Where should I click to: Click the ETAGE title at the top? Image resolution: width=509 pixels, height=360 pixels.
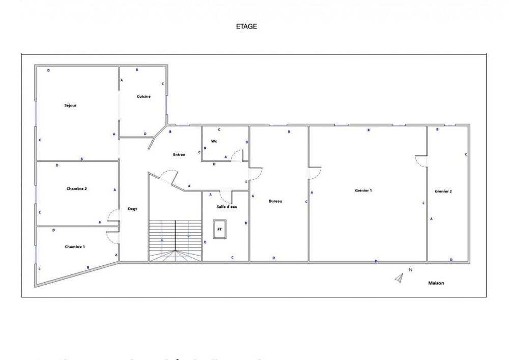tap(246, 26)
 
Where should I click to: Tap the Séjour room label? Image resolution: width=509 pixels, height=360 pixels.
tap(70, 105)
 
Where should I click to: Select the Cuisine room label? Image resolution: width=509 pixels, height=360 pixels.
tap(144, 96)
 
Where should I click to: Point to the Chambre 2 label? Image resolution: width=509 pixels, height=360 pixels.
tap(76, 188)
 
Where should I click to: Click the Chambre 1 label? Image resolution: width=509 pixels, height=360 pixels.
tap(75, 246)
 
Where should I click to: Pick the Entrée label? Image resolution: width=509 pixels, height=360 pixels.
tap(179, 154)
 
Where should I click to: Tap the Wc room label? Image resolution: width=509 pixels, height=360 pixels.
tap(214, 141)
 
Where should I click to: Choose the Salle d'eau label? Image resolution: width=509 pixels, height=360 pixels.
tap(227, 207)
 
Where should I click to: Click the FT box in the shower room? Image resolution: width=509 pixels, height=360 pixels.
tap(220, 230)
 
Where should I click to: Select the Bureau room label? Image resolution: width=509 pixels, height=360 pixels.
tap(275, 201)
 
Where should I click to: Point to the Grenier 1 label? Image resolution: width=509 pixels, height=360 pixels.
tap(363, 190)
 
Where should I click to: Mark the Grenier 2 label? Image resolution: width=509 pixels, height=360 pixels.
tap(443, 191)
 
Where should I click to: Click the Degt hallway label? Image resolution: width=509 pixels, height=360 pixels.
tap(133, 209)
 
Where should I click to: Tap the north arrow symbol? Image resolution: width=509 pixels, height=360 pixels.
tap(400, 278)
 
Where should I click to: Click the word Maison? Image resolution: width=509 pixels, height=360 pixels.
tap(436, 283)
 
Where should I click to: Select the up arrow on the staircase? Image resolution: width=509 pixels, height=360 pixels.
tap(162, 239)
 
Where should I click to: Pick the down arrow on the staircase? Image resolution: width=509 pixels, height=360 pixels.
tap(188, 236)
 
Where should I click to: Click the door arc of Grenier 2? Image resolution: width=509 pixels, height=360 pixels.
tap(421, 161)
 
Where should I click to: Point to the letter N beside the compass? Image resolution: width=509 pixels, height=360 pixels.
tap(410, 270)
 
